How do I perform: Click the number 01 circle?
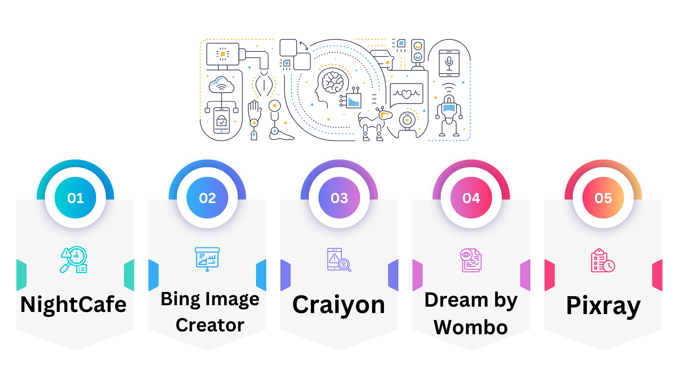pyautogui.click(x=75, y=198)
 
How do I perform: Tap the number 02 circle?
pyautogui.click(x=207, y=198)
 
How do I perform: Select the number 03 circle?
pyautogui.click(x=339, y=198)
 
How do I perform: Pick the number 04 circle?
pyautogui.click(x=471, y=198)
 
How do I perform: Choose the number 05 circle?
pyautogui.click(x=603, y=198)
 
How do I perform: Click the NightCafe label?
pyautogui.click(x=73, y=305)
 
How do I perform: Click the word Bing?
pyautogui.click(x=180, y=300)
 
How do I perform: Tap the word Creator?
pyautogui.click(x=210, y=325)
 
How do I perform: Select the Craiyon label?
pyautogui.click(x=339, y=305)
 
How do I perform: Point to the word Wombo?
pyautogui.click(x=471, y=327)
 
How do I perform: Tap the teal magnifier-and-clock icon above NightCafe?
pyautogui.click(x=74, y=260)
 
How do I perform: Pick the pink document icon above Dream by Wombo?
pyautogui.click(x=471, y=260)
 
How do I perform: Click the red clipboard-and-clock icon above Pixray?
pyautogui.click(x=603, y=261)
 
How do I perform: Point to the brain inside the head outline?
pyautogui.click(x=332, y=82)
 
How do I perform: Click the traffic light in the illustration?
pyautogui.click(x=418, y=52)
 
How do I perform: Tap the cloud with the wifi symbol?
pyautogui.click(x=221, y=85)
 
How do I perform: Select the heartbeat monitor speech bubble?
pyautogui.click(x=406, y=94)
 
